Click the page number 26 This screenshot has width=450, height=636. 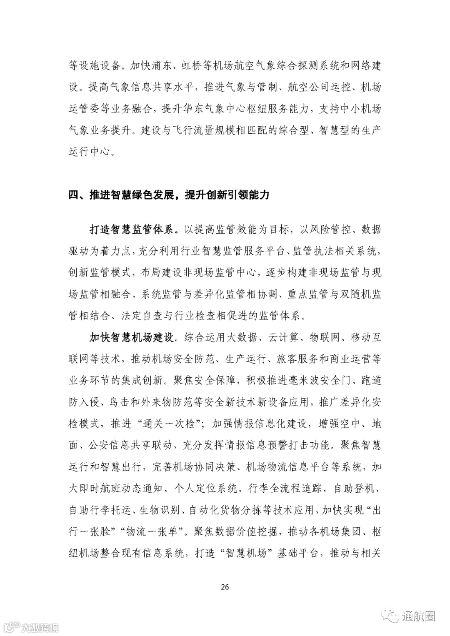[x=225, y=587]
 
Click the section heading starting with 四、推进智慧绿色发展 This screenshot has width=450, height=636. [x=169, y=195]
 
